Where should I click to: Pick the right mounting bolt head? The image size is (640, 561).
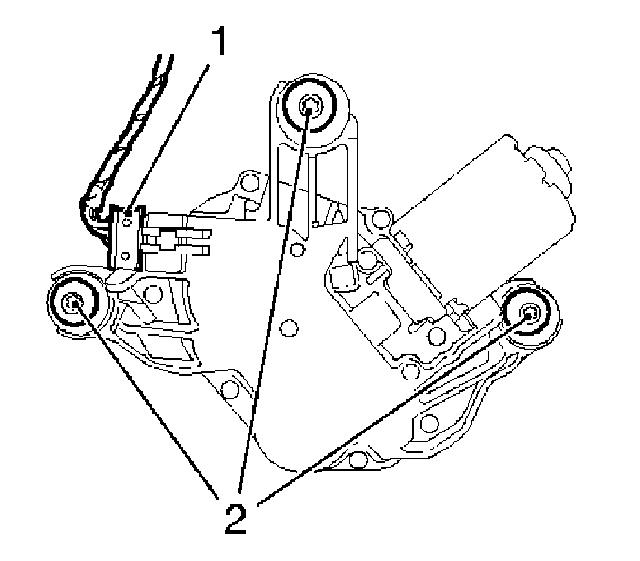[x=530, y=313]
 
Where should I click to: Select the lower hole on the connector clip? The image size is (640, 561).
[x=125, y=256]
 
